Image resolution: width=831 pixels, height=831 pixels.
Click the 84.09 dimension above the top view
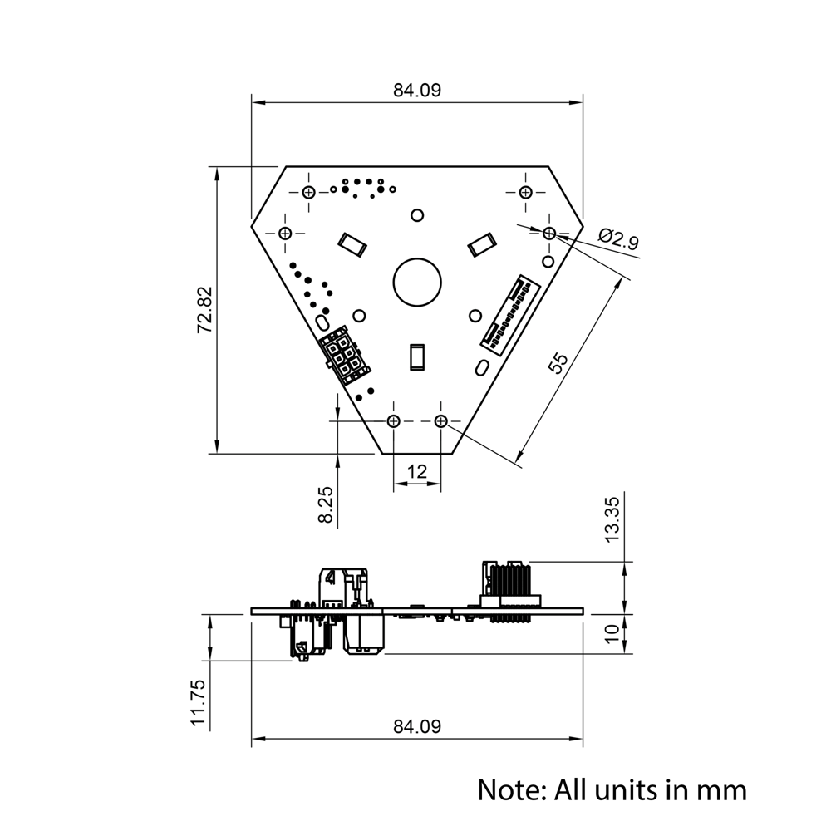[417, 91]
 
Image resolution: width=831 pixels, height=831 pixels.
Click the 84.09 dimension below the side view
[417, 726]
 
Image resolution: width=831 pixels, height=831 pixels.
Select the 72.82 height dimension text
[204, 310]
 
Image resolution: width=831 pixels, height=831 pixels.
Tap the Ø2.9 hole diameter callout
[618, 241]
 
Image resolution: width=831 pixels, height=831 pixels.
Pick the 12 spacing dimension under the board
[416, 471]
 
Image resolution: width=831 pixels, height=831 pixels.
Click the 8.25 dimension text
[326, 504]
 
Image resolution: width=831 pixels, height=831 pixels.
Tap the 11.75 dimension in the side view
[198, 703]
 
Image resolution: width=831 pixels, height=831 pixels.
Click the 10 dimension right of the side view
[612, 633]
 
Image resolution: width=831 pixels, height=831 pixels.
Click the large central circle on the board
[417, 281]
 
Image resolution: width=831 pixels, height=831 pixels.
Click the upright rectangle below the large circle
[417, 356]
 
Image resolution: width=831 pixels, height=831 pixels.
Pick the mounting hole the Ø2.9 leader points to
[549, 234]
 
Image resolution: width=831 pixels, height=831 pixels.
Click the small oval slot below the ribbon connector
[481, 367]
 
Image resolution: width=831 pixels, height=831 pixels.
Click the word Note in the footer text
[509, 789]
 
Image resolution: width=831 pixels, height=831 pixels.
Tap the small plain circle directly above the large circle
[417, 215]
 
